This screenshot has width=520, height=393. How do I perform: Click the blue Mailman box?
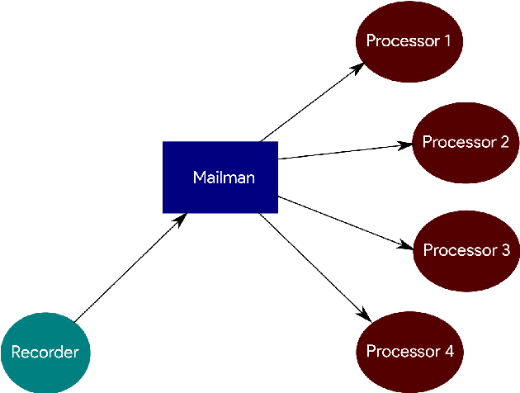coord(220,178)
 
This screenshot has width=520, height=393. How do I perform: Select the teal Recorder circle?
coord(45,353)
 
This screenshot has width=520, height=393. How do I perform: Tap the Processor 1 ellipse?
coord(409,40)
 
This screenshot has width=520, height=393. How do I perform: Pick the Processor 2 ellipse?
coord(465,142)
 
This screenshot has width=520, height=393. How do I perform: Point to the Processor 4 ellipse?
coord(409,352)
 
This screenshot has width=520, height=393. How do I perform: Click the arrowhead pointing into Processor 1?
coord(357,68)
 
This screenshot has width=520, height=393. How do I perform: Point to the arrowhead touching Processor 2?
coord(405,144)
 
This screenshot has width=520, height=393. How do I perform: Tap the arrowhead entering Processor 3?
coord(406,248)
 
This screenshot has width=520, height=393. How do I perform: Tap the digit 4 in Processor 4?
coord(448,352)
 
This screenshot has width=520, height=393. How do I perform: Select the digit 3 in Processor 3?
coord(505,249)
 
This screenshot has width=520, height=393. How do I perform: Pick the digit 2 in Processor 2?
coord(503,142)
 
